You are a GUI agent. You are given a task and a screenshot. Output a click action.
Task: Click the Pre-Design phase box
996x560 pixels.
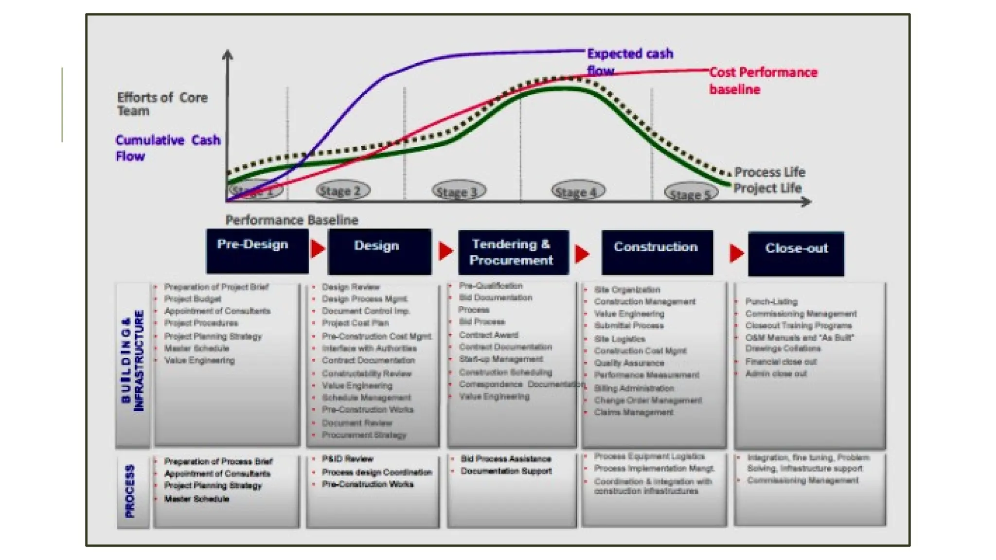257,251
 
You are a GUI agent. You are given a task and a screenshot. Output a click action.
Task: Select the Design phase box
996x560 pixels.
379,252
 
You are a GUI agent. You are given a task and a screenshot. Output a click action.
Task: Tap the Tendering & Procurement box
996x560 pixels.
513,252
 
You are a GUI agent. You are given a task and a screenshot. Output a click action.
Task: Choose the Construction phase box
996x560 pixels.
657,252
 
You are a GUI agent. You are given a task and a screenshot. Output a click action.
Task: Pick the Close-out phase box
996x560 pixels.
796,254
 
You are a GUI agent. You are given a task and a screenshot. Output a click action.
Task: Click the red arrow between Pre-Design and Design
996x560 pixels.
318,248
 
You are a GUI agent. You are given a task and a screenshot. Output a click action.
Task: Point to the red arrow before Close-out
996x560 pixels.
736,253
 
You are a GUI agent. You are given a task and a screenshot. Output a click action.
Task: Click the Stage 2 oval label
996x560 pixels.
343,191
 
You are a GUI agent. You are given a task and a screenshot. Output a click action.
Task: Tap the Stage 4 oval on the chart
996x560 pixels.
578,191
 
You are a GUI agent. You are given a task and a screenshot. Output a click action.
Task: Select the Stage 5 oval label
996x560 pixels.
691,193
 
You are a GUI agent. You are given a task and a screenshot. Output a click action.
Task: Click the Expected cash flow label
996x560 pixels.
629,61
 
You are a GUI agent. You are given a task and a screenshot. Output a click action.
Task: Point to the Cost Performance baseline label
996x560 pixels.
763,81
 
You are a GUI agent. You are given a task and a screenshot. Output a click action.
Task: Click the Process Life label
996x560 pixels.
769,172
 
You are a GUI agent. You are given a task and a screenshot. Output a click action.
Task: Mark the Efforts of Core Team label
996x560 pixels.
162,104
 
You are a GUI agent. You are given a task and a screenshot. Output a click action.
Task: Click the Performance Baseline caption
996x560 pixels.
292,220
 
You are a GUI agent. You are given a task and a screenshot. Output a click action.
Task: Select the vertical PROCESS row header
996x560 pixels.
130,491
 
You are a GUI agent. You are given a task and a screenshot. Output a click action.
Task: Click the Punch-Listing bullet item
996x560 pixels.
771,302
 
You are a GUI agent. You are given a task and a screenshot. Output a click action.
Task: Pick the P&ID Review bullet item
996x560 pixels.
347,459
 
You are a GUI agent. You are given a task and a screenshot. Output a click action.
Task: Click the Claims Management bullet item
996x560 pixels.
633,412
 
